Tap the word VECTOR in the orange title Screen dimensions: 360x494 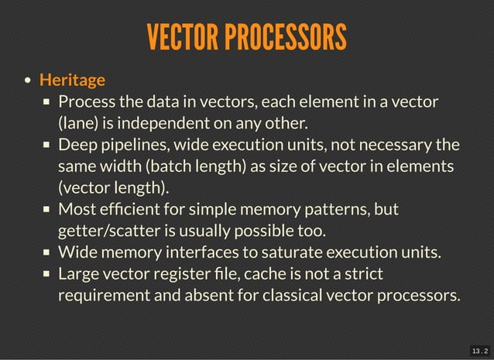point(182,36)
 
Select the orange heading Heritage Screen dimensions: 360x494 point(72,79)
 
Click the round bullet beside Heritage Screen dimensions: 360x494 point(28,80)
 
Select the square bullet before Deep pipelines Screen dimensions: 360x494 point(46,146)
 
